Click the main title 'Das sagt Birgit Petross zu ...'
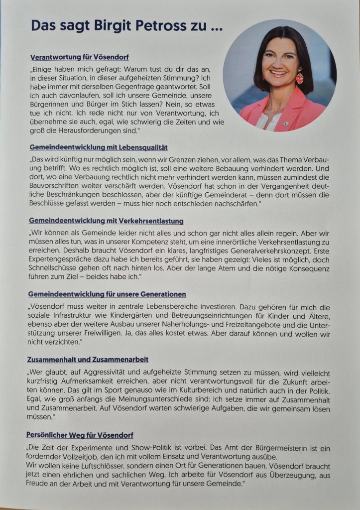126,26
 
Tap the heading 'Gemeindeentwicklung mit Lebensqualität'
98,147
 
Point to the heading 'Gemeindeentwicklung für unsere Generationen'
107,294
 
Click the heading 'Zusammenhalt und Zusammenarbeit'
88,360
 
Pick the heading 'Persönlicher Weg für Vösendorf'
80,435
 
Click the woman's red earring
299,79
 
